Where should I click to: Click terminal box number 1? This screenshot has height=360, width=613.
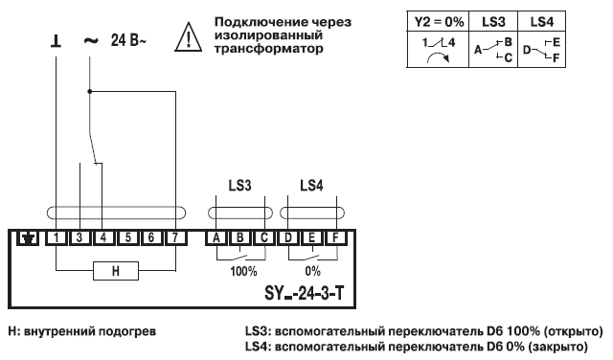click(57, 237)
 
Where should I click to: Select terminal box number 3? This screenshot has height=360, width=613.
click(79, 237)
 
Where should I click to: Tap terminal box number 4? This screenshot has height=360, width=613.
click(101, 237)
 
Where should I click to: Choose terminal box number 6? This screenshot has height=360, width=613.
click(149, 237)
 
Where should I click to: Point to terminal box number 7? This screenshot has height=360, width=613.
click(172, 237)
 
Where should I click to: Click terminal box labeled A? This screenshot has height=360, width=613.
click(217, 237)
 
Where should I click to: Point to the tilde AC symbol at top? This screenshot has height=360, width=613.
click(90, 42)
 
